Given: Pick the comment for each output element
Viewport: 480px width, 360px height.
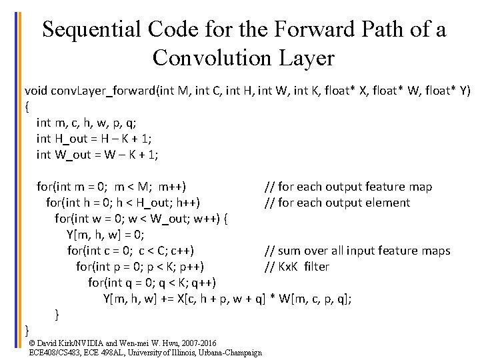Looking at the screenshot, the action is coord(337,203).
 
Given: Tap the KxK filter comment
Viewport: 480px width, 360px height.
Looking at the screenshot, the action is coord(297,267).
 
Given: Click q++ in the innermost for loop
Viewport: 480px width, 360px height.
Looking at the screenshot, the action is coord(202,283).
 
